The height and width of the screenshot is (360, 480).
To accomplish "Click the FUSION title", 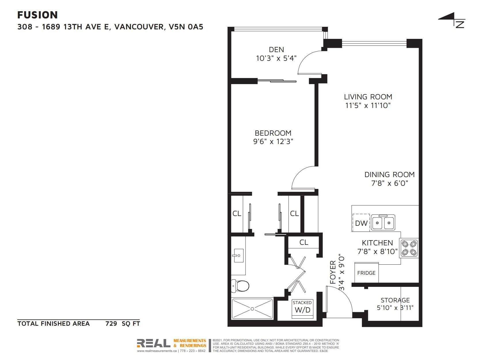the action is (37, 15).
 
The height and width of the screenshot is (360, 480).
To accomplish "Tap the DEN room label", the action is (276, 50).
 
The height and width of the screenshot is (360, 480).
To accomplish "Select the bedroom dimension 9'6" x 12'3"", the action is (273, 141).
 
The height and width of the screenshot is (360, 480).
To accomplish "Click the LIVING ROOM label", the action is (368, 97).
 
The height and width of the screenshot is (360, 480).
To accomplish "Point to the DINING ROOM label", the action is (390, 175).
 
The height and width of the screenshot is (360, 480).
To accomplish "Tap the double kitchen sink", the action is (383, 222).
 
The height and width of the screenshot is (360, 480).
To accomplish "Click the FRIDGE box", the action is (366, 272).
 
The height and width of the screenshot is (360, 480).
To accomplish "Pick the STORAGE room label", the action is (395, 300).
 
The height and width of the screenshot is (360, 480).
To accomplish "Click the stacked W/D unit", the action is (302, 309).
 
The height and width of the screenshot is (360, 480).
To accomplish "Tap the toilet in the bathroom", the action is (240, 286).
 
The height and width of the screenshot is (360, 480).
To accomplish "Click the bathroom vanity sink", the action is (238, 255).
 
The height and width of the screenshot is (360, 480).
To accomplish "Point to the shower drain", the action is (252, 309).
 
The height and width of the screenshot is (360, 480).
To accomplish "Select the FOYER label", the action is (333, 272).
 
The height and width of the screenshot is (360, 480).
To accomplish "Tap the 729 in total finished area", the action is (111, 323).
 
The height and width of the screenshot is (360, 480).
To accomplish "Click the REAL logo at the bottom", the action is (153, 343).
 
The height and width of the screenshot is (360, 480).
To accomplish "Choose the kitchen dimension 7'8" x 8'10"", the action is (377, 251).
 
